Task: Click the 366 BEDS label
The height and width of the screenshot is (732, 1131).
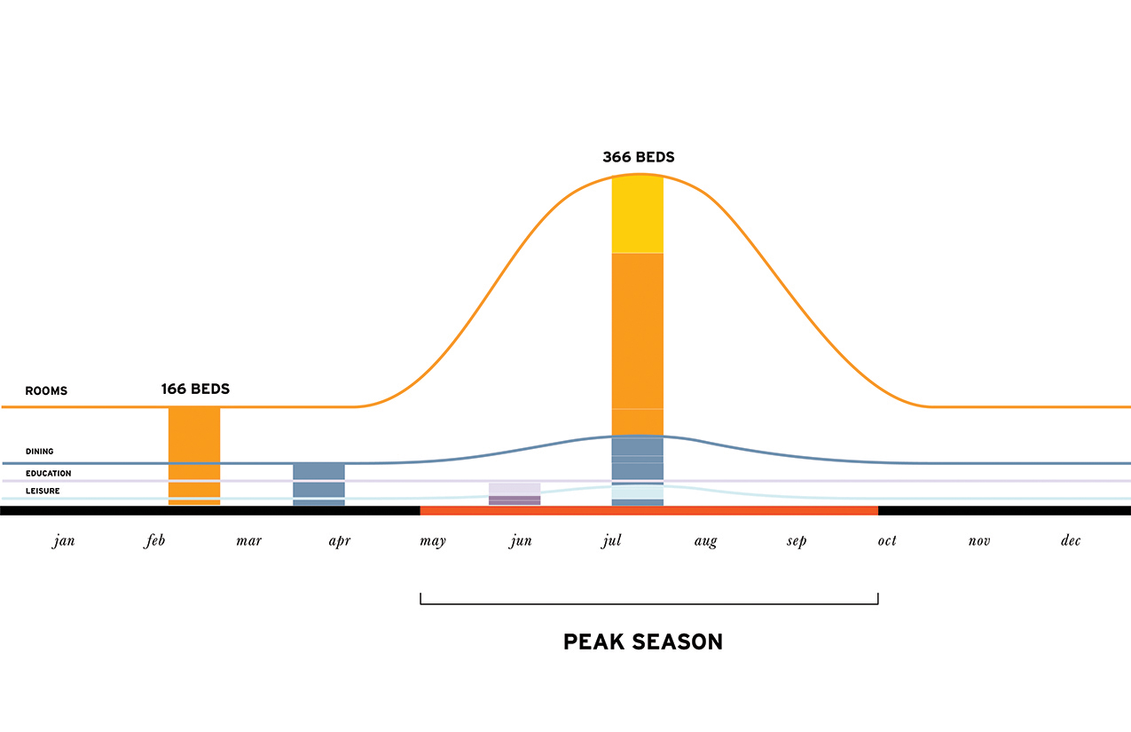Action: tap(638, 158)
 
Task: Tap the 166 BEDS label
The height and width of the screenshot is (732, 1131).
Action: tap(195, 390)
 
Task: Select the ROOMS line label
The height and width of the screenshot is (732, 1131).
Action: tap(46, 391)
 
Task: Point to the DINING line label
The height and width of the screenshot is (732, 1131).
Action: tap(39, 452)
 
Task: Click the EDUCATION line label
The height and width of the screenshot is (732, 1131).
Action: tap(48, 474)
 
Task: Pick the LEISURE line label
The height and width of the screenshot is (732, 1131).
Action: tap(43, 491)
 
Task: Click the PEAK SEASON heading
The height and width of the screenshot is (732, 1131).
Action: tap(643, 641)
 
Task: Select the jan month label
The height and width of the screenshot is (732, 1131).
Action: tap(64, 541)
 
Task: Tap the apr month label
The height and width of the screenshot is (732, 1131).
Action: tap(339, 541)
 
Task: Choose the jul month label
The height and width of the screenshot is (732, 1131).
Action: tap(611, 541)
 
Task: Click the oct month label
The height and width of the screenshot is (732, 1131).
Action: tap(887, 541)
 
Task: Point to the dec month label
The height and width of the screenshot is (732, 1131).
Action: tap(1071, 541)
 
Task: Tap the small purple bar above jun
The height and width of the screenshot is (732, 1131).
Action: tap(514, 494)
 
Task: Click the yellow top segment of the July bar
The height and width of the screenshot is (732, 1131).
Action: tap(638, 215)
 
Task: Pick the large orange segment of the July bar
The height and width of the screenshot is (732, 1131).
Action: tap(638, 330)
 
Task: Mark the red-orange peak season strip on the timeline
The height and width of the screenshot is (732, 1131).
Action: tap(648, 510)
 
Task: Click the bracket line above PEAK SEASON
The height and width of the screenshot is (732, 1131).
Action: tap(648, 603)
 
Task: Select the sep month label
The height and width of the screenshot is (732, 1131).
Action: tap(797, 541)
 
